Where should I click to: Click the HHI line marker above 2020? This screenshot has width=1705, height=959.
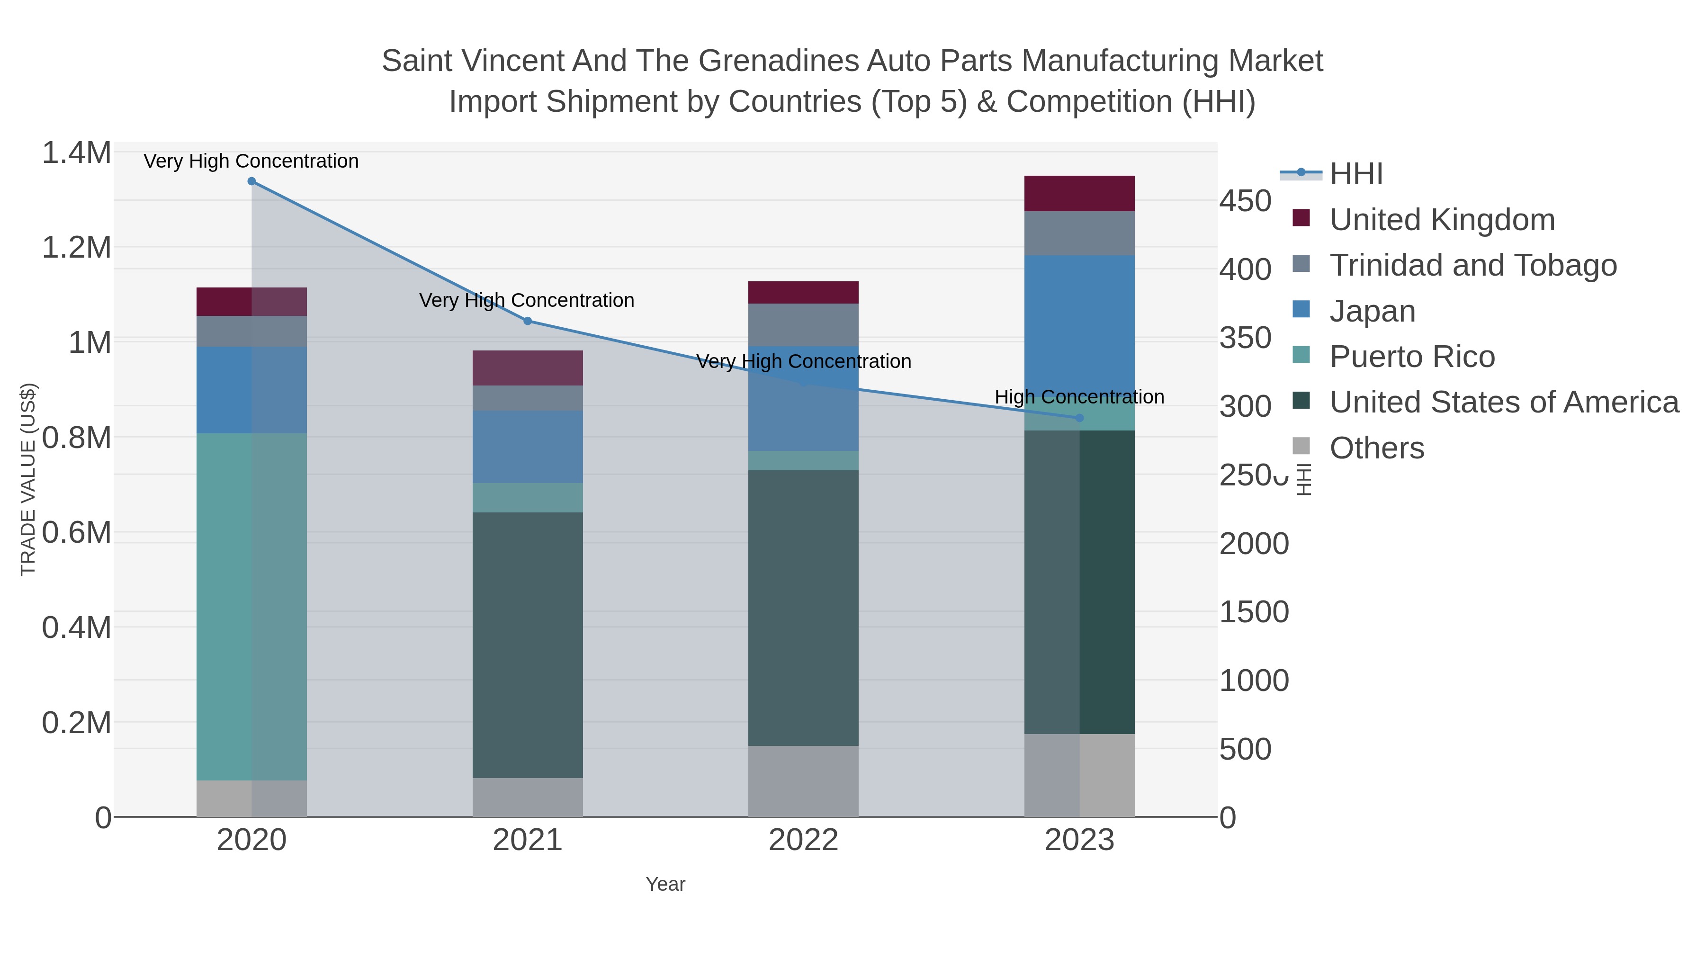click(251, 181)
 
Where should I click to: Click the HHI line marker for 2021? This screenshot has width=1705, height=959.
click(528, 321)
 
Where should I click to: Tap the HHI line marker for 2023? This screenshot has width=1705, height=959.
click(1079, 418)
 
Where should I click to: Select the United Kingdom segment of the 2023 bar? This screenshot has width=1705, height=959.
click(1079, 193)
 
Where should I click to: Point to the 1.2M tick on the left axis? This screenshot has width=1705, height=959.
click(76, 248)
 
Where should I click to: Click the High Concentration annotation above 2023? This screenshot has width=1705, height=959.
click(1079, 397)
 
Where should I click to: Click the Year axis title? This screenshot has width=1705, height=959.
click(665, 884)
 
